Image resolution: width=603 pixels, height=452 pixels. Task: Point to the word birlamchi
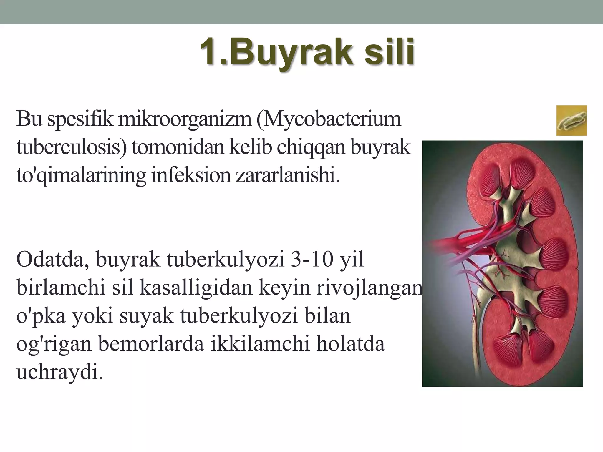click(x=61, y=287)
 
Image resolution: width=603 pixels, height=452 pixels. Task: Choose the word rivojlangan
click(x=370, y=288)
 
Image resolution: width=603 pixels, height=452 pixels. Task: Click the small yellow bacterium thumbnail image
click(x=571, y=120)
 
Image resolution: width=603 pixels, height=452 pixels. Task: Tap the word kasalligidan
click(x=196, y=287)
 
